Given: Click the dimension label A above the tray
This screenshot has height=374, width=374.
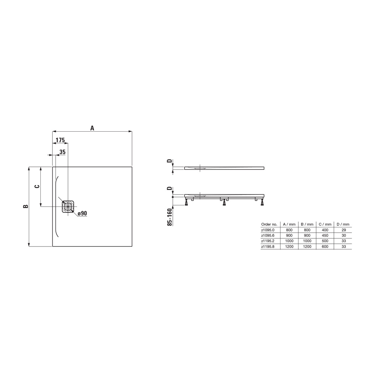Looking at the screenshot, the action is coord(92,128).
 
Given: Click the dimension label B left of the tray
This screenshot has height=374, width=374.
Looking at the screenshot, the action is coord(25,206).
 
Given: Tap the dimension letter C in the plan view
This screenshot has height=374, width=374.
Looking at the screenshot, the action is coord(37,186).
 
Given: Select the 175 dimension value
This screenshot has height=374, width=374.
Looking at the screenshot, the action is coord(60,140).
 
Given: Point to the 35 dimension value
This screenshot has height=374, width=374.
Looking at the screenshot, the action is coord(62,152).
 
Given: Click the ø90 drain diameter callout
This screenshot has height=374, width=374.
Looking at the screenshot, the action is coord(82,213).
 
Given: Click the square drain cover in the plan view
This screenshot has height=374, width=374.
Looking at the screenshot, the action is coord(68,206).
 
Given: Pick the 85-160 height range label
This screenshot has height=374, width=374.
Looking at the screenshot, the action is coord(169,217).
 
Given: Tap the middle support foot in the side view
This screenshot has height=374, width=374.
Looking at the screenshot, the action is coord(224,202).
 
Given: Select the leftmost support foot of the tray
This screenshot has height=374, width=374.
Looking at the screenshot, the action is coord(186,202).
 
